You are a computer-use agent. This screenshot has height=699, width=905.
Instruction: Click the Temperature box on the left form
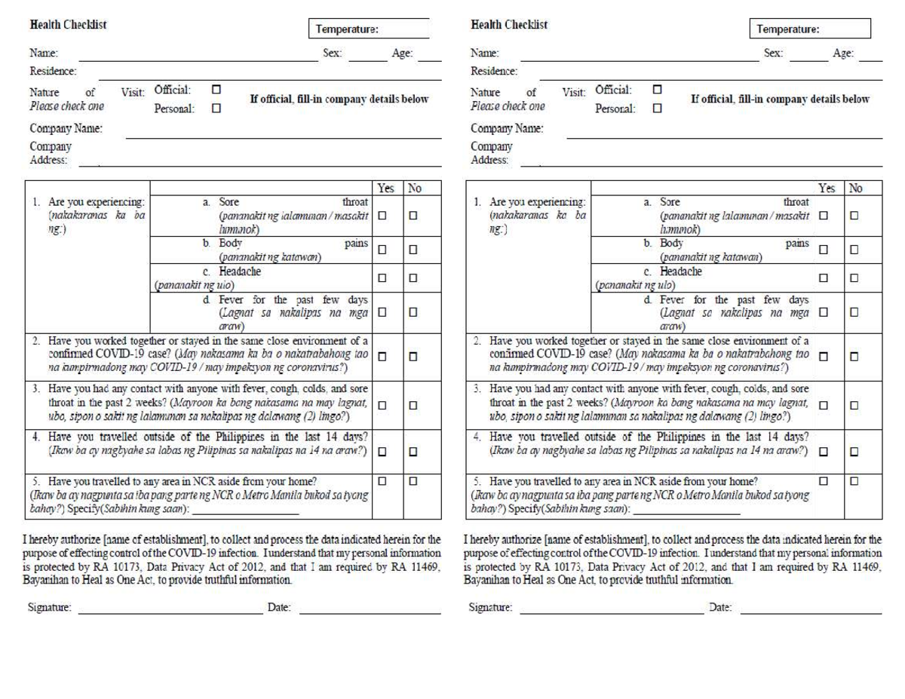369,29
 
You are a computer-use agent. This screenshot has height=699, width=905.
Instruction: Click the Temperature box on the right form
810,29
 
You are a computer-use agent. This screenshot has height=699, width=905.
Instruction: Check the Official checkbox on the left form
216,89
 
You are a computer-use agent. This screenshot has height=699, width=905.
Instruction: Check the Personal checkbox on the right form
657,108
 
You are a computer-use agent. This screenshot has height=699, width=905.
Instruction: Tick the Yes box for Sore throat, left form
382,216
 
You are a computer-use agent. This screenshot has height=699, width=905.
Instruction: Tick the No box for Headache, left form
414,277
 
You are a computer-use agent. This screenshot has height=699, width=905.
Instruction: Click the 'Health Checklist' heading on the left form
68,24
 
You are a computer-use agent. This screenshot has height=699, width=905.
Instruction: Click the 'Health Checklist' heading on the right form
509,24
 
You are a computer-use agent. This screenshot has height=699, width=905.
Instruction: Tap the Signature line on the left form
170,612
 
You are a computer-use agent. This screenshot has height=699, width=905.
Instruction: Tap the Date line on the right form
811,612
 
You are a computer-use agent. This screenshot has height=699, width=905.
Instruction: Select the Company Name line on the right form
724,136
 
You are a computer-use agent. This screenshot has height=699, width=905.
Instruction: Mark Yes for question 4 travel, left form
382,452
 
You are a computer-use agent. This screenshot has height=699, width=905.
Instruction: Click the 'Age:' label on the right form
842,53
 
